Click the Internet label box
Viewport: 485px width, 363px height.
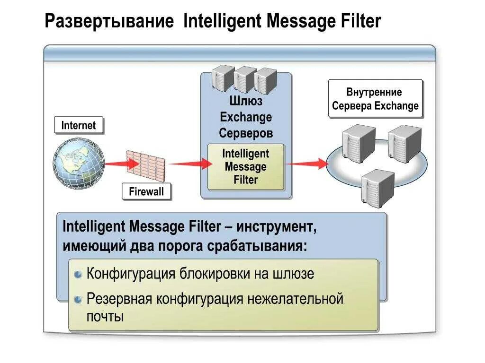click(x=78, y=126)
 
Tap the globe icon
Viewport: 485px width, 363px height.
click(x=78, y=163)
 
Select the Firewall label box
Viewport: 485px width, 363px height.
click(x=146, y=192)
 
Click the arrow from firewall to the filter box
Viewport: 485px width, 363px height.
click(x=189, y=164)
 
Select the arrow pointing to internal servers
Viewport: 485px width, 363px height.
click(x=307, y=164)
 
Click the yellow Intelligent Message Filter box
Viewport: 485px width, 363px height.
click(x=246, y=167)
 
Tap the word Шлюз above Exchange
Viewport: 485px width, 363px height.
click(x=246, y=101)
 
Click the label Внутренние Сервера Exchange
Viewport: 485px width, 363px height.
click(x=375, y=99)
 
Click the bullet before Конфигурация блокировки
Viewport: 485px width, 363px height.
click(x=79, y=275)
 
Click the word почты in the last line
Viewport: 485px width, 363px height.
click(x=105, y=316)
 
